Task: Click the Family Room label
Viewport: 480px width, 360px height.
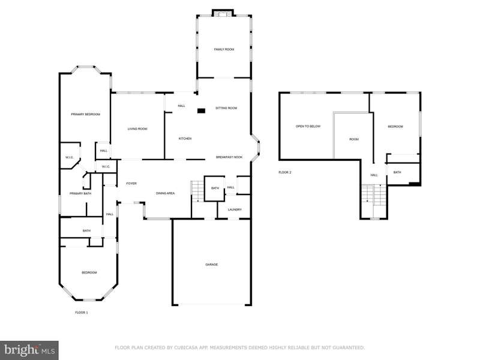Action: coord(224,49)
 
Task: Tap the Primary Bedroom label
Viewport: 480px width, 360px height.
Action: coord(85,114)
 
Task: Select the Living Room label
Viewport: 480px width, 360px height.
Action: coord(137,129)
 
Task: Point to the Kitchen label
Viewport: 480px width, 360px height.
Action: coord(185,139)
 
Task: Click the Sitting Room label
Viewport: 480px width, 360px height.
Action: coord(226,108)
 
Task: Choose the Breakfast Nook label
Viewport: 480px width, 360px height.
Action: coord(229,157)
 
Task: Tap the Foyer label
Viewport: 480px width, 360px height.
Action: coord(131,184)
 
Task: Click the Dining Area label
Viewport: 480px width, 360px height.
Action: coord(166,193)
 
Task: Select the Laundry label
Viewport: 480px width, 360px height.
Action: coord(235,209)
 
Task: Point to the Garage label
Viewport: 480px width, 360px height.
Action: coord(212,265)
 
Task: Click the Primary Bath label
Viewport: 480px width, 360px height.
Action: coord(80,193)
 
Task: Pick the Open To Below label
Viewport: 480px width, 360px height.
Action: coord(308,126)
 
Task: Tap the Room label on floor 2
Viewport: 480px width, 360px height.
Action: coord(354,139)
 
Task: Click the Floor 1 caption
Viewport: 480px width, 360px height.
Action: coord(82,313)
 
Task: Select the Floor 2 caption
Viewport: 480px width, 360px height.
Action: coord(284,172)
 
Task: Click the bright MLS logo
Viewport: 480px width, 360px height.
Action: coord(29,350)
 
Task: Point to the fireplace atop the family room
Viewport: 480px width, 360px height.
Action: coord(223,13)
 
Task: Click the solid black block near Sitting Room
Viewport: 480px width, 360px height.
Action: coord(201,111)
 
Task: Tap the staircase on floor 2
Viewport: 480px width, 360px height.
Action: coord(373,195)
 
